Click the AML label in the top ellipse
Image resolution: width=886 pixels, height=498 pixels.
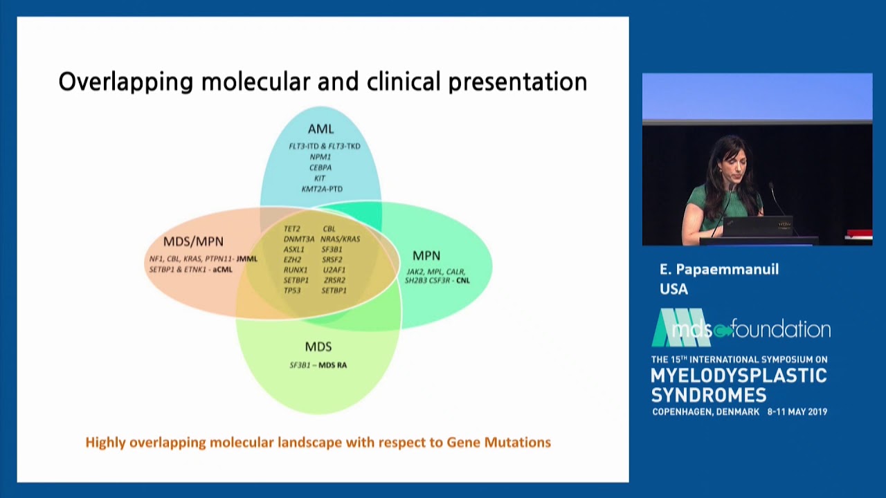(320, 129)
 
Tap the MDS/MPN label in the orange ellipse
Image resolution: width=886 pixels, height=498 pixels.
(193, 241)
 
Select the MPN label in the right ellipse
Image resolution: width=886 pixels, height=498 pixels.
(426, 256)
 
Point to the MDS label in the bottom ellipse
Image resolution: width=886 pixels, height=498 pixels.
(318, 347)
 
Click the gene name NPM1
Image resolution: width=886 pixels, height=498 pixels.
(320, 157)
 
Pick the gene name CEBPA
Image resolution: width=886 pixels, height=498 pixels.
(320, 167)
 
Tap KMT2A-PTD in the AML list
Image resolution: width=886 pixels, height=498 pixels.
(322, 189)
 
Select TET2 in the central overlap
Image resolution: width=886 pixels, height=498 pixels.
(292, 229)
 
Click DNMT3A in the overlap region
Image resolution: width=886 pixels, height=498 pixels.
(299, 239)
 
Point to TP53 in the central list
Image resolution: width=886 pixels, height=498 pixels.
(292, 290)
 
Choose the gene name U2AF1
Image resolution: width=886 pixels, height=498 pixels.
(334, 270)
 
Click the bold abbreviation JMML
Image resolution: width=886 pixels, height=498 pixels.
(247, 259)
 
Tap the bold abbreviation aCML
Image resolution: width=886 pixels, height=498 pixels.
(223, 270)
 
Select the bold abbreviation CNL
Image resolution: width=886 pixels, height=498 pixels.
(463, 280)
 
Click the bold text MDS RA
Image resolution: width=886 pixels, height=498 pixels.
(333, 365)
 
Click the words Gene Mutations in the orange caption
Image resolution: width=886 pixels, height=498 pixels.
(499, 442)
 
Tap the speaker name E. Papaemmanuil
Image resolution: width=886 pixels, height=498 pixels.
(719, 270)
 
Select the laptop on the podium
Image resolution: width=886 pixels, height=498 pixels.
(757, 226)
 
